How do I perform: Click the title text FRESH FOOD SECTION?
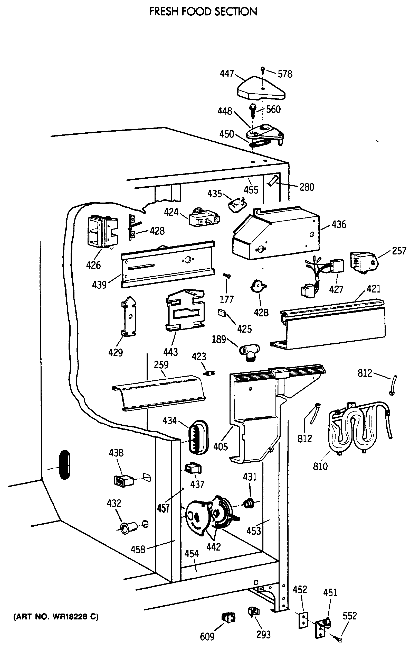[x=203, y=12]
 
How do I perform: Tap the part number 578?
[x=285, y=74]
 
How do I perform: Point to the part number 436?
[x=339, y=224]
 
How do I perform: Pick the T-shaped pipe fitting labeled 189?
[x=250, y=352]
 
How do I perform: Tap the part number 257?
[x=399, y=251]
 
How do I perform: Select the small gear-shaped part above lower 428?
[x=258, y=287]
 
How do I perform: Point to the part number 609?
[x=207, y=637]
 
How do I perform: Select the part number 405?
[x=221, y=447]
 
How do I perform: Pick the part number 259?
[x=161, y=364]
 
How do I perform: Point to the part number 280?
[x=307, y=187]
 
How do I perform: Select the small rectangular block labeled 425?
[x=221, y=313]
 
